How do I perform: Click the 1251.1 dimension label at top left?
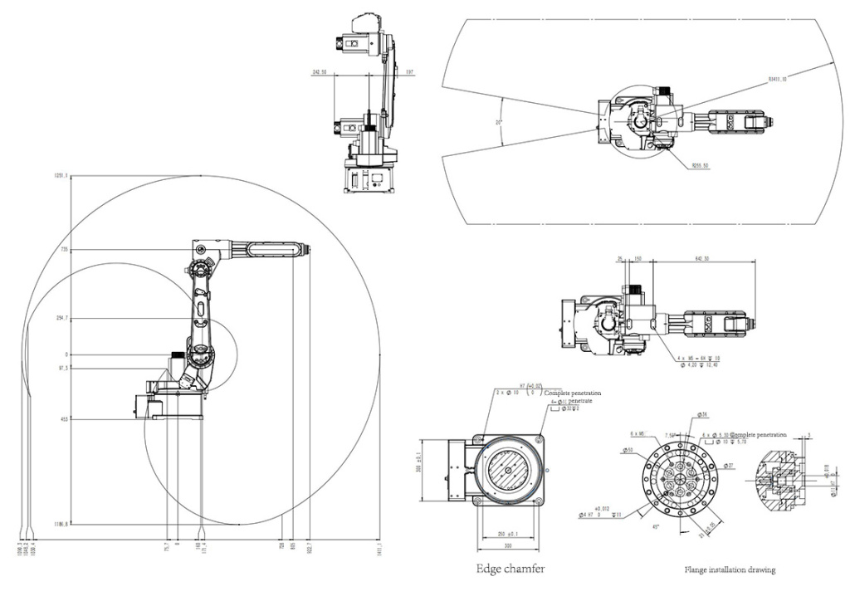(60, 175)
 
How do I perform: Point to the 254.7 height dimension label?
(61, 319)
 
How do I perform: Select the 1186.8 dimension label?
(60, 525)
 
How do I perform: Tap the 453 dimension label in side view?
(63, 420)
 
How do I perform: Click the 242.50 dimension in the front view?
(319, 72)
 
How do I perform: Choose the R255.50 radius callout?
(700, 164)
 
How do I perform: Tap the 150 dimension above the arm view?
(637, 258)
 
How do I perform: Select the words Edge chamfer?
(510, 569)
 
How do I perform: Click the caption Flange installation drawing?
(730, 570)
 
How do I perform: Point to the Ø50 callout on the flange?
(628, 451)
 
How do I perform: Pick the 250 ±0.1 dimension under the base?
(508, 533)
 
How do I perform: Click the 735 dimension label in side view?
(62, 250)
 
